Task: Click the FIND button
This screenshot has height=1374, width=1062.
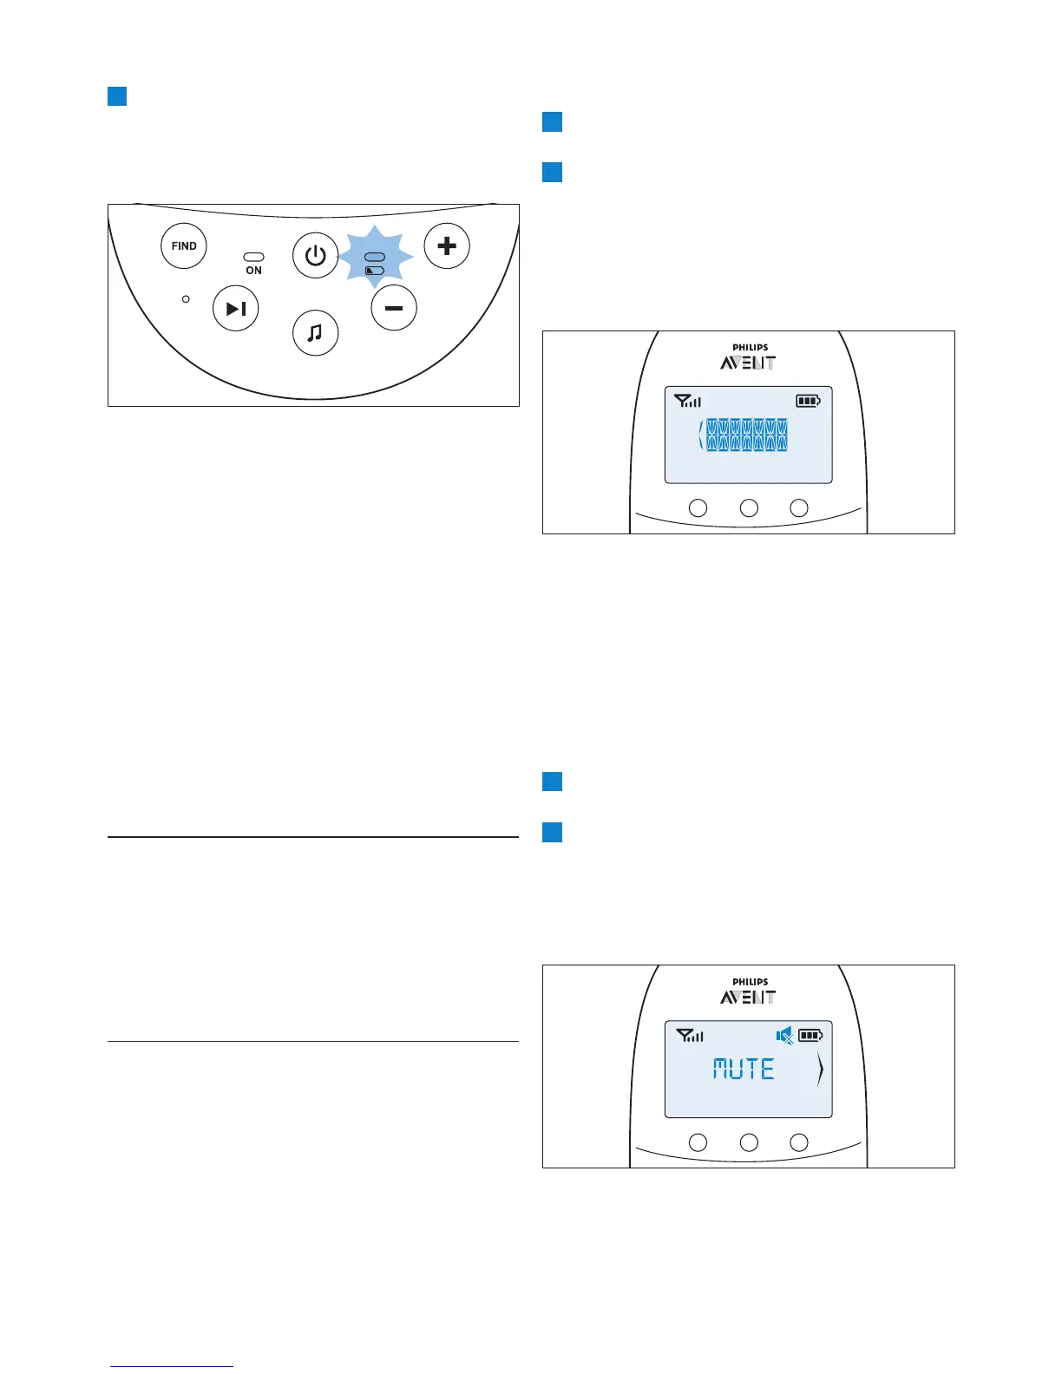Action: pyautogui.click(x=184, y=246)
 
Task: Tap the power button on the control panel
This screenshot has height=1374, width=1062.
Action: pyautogui.click(x=315, y=255)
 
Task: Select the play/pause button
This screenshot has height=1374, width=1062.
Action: pyautogui.click(x=236, y=308)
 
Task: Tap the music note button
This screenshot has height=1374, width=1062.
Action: pyautogui.click(x=315, y=332)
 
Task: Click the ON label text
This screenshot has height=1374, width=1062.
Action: pyautogui.click(x=253, y=271)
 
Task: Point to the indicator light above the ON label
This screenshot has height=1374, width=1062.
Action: pyautogui.click(x=253, y=258)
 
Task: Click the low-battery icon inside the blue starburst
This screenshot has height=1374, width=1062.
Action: pyautogui.click(x=375, y=271)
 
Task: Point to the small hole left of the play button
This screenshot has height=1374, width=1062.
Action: pyautogui.click(x=186, y=298)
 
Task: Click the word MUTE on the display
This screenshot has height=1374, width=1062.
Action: pyautogui.click(x=744, y=1069)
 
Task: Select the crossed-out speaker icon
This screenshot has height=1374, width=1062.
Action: pyautogui.click(x=784, y=1035)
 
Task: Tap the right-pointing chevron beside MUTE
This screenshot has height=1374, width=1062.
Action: pyautogui.click(x=820, y=1072)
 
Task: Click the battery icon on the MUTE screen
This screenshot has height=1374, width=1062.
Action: pyautogui.click(x=810, y=1035)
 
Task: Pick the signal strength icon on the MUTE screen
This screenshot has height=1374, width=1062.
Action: pyautogui.click(x=690, y=1035)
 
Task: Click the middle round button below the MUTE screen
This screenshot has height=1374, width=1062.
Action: pyautogui.click(x=748, y=1142)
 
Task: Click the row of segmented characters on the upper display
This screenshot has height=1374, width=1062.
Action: pyautogui.click(x=746, y=435)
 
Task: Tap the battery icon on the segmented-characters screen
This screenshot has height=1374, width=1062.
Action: pyautogui.click(x=808, y=401)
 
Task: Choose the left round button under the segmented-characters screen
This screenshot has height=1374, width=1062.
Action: pyautogui.click(x=698, y=508)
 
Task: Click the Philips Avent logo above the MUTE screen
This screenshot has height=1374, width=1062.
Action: pyautogui.click(x=749, y=991)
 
